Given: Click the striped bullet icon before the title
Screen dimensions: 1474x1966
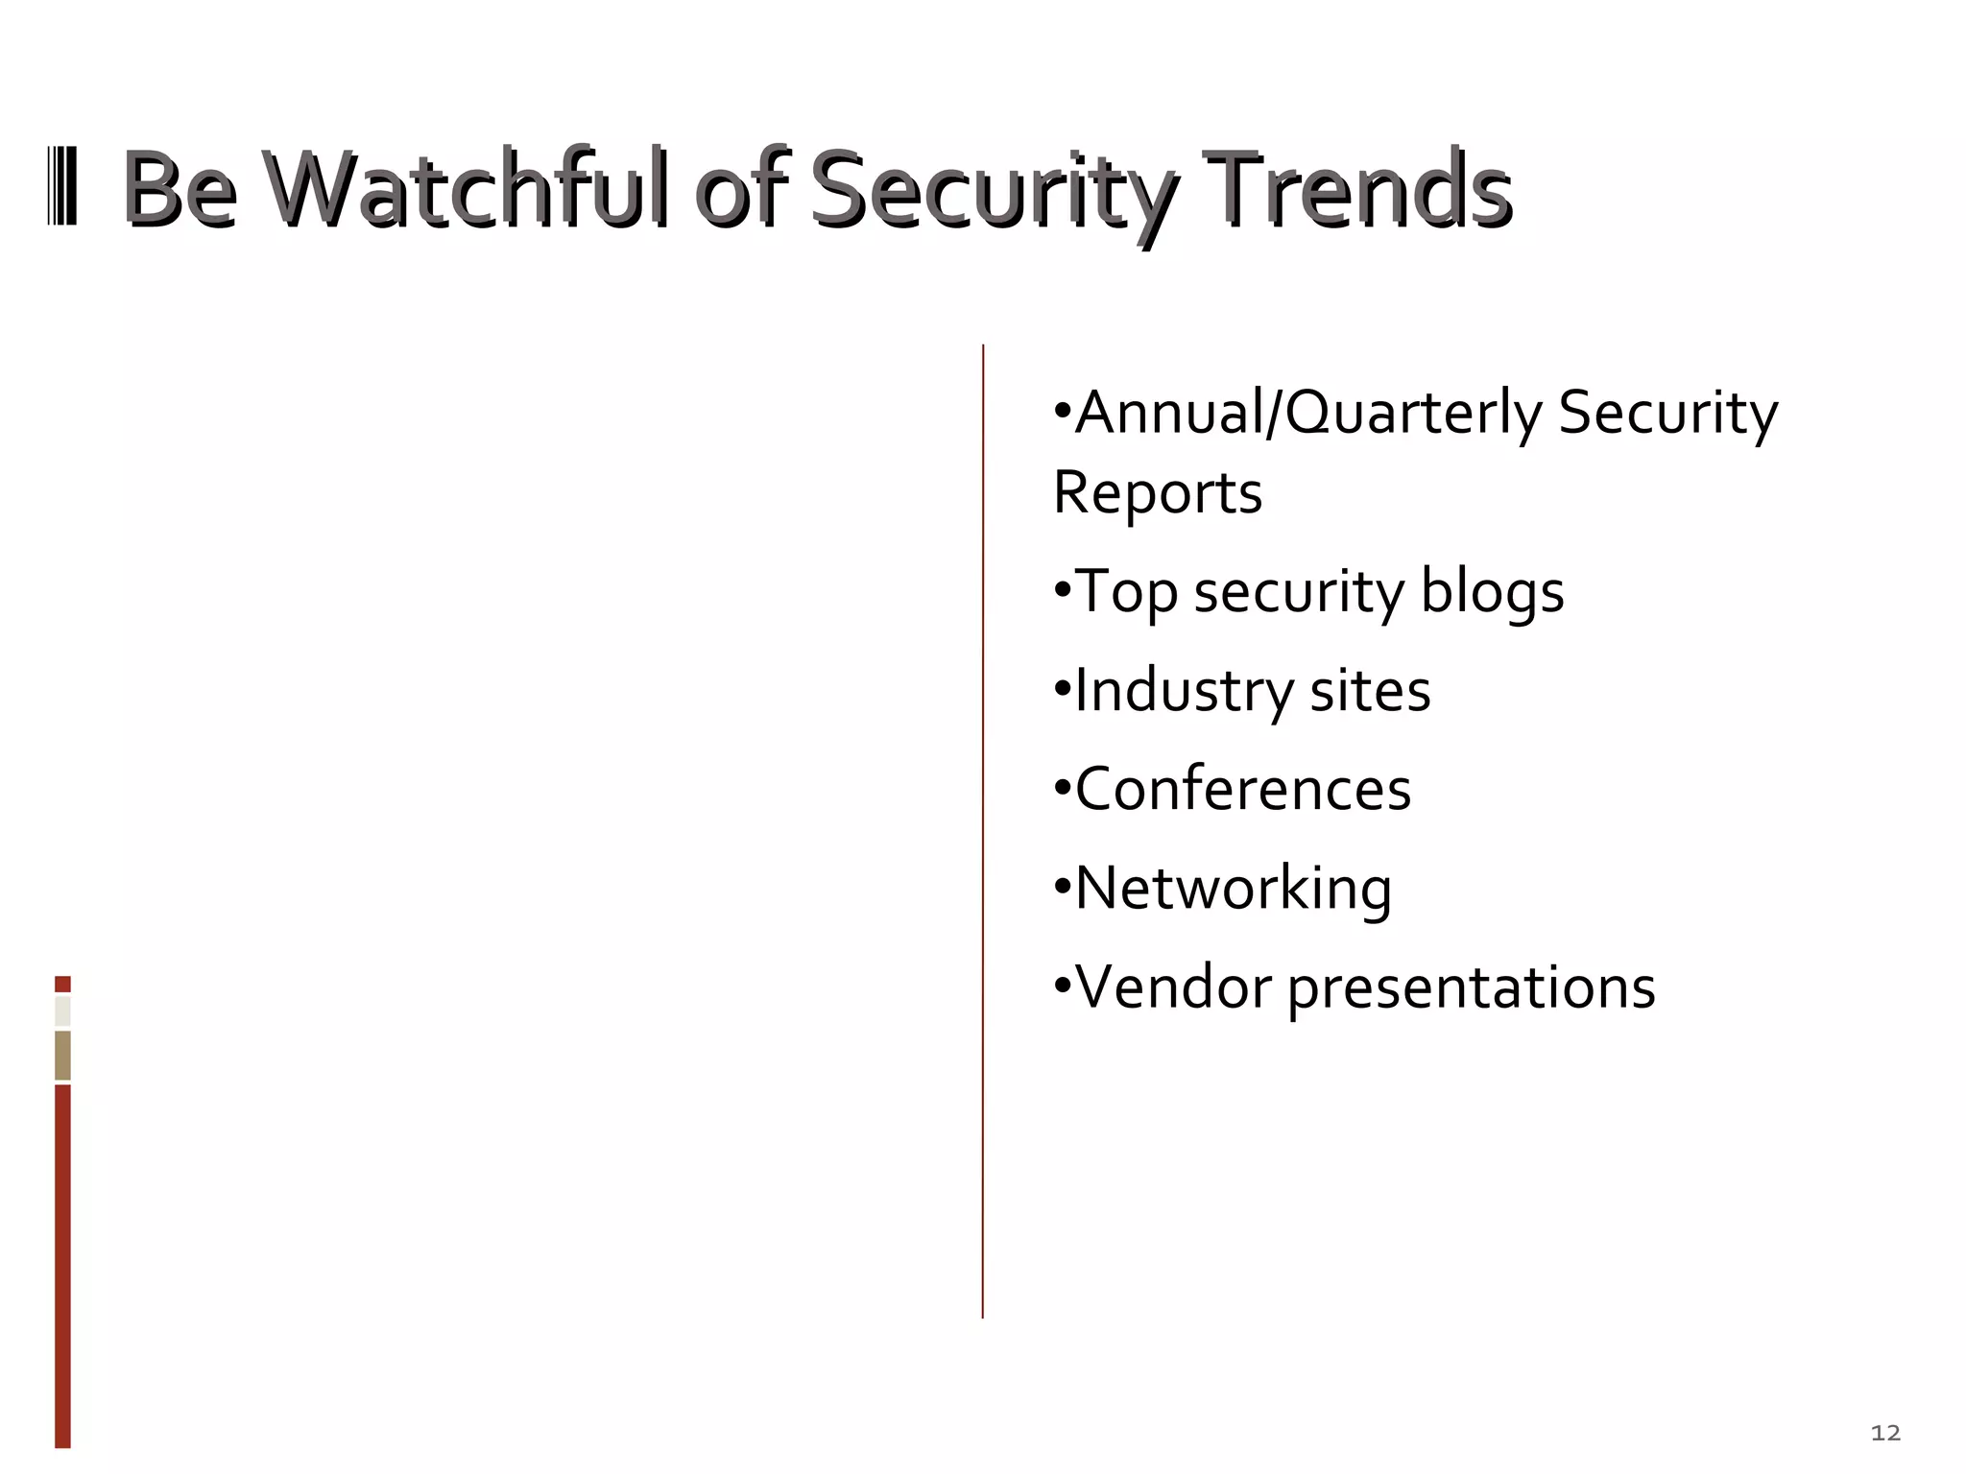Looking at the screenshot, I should tap(62, 186).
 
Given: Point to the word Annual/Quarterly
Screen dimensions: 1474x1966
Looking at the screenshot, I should tap(1307, 414).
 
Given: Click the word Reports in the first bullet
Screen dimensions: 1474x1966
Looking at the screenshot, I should tap(1157, 493).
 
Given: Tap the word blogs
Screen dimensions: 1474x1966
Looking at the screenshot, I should tap(1492, 591).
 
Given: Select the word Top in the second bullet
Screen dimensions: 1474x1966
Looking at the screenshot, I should tap(1126, 591).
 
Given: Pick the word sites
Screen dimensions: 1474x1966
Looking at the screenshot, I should tap(1370, 691).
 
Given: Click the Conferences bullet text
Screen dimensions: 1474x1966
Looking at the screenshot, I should tap(1242, 790).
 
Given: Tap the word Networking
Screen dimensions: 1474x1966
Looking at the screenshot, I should tap(1233, 889).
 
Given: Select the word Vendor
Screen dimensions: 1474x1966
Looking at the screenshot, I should tap(1173, 987).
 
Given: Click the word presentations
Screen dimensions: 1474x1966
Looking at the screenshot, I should tap(1471, 988).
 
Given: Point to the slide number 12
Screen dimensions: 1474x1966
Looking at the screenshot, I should tap(1885, 1433).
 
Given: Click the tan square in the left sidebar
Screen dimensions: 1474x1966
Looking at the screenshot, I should tap(62, 1055).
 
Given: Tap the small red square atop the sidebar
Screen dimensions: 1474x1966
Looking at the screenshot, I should tap(62, 984).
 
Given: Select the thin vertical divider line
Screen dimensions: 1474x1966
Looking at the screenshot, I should tap(983, 831).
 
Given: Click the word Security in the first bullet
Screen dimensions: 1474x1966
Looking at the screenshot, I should tap(1667, 414).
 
